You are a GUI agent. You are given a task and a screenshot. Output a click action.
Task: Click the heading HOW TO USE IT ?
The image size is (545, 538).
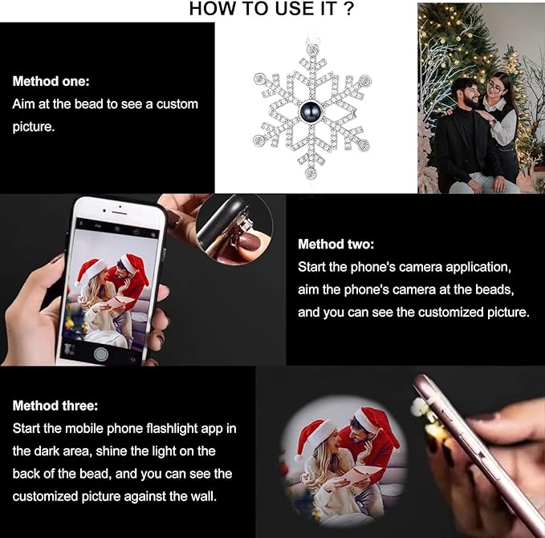pyautogui.click(x=272, y=9)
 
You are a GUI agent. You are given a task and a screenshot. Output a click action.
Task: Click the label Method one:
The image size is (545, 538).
pyautogui.click(x=51, y=81)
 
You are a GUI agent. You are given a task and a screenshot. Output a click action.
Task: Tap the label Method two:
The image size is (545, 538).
pyautogui.click(x=336, y=244)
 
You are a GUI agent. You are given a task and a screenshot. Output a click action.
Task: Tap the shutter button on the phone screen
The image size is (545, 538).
pyautogui.click(x=100, y=352)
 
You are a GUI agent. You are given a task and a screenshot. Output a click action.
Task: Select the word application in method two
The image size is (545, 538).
pyautogui.click(x=480, y=266)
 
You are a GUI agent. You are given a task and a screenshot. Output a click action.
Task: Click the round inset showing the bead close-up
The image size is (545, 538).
pyautogui.click(x=234, y=229)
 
